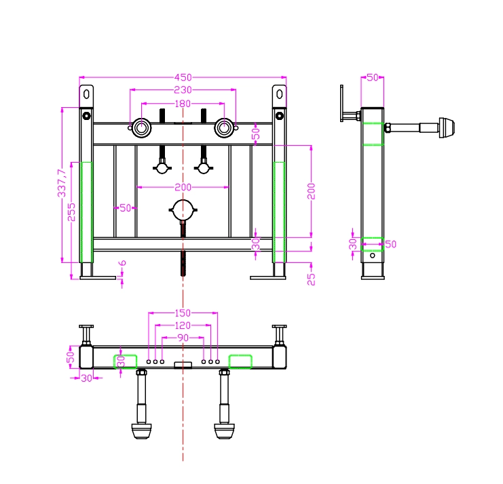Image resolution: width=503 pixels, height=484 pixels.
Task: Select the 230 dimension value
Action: tap(183, 89)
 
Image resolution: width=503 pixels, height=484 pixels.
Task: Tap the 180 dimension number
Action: tap(183, 103)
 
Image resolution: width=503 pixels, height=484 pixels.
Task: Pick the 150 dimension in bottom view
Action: tap(183, 312)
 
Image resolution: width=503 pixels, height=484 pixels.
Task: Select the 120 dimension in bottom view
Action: tap(183, 325)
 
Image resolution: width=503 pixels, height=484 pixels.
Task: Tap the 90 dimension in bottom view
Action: tap(183, 338)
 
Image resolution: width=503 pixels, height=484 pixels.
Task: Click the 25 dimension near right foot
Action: tap(312, 278)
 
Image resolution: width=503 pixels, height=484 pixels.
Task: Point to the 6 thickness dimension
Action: tap(122, 264)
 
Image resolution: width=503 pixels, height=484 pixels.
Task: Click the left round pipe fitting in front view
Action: tap(143, 127)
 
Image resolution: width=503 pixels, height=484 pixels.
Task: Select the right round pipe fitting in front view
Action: tap(223, 127)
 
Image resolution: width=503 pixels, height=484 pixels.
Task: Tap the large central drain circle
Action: tap(183, 210)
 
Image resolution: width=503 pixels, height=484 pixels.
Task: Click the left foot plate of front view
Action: tap(97, 277)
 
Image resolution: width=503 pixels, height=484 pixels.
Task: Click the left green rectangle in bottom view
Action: tap(125, 361)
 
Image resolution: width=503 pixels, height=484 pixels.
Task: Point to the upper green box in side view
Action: tap(372, 134)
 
